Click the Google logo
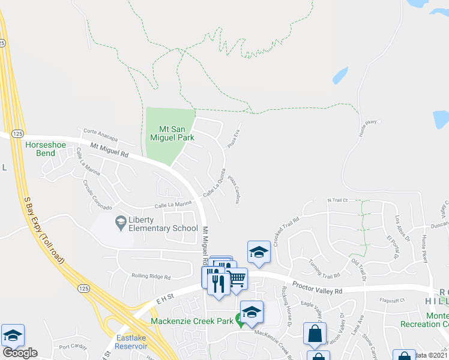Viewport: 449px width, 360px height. tap(20, 352)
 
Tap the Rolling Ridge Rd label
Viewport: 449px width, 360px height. tap(151, 277)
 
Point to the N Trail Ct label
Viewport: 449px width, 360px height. tap(337, 200)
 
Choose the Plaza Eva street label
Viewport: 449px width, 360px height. tap(233, 140)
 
